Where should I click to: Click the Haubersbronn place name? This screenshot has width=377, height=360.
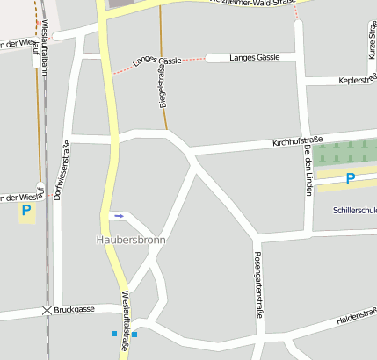pyautogui.click(x=131, y=240)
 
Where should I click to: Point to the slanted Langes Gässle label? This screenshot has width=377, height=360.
pyautogui.click(x=156, y=61)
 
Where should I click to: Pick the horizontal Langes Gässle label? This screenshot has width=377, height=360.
pyautogui.click(x=254, y=57)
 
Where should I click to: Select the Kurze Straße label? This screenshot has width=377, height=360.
pyautogui.click(x=372, y=40)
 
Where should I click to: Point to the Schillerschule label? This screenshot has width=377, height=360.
pyautogui.click(x=355, y=211)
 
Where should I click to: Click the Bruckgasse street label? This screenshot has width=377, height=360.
pyautogui.click(x=74, y=310)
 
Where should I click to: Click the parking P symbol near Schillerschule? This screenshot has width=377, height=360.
pyautogui.click(x=350, y=179)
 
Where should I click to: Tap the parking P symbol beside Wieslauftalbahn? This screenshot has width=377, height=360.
pyautogui.click(x=25, y=210)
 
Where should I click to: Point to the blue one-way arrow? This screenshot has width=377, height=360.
pyautogui.click(x=118, y=215)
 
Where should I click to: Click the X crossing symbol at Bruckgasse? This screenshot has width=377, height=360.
pyautogui.click(x=47, y=311)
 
